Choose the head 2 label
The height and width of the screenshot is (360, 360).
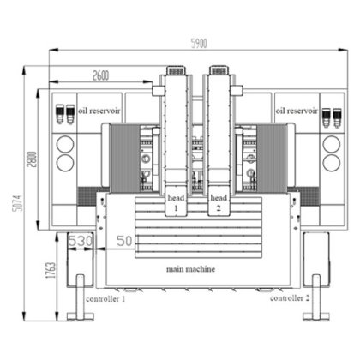tap(219, 202)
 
